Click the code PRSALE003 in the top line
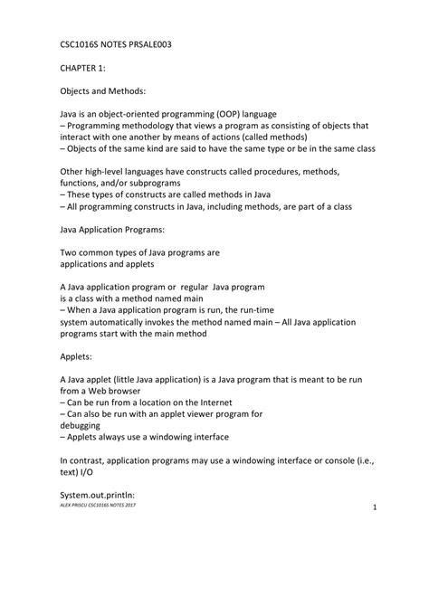[x=160, y=42]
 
